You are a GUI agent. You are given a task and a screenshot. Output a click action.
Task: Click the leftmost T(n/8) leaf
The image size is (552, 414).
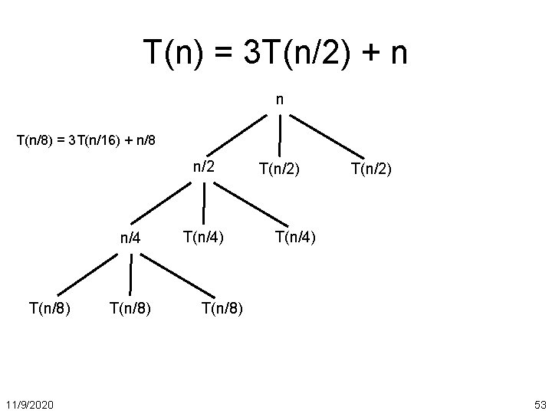pos(51,308)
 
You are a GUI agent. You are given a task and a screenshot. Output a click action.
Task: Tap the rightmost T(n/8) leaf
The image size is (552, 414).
pos(223,308)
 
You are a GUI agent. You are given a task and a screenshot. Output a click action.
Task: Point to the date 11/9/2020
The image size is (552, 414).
pos(28,403)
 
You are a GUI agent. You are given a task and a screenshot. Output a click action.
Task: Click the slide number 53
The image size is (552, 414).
pos(539,403)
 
